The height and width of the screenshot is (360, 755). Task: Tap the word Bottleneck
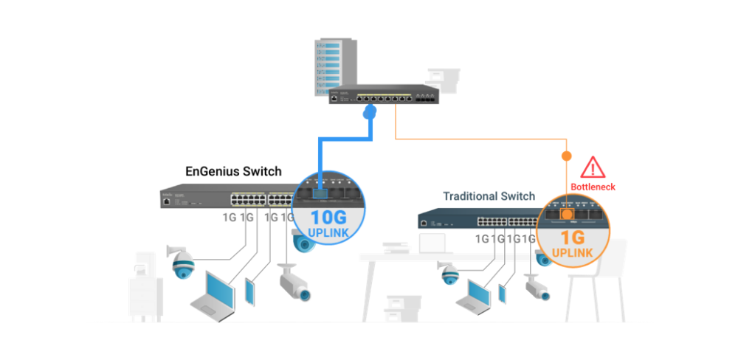593,187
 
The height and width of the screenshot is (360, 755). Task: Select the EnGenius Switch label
233,171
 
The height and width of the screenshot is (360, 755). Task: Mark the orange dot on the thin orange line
566,156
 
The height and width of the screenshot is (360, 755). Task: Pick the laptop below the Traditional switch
474,294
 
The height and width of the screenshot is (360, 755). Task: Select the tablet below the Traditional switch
502,292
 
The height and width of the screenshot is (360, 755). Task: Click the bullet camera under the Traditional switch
537,287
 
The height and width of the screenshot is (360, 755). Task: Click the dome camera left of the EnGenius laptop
182,262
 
